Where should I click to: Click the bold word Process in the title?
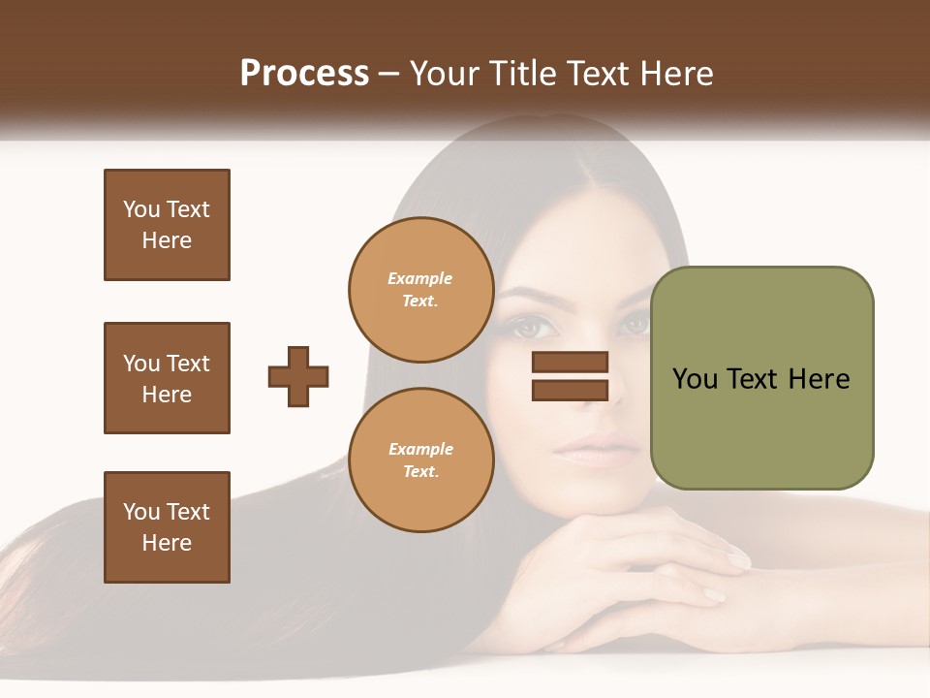304,74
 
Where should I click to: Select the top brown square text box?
167,225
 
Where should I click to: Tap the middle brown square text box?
167,378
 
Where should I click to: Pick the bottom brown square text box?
167,527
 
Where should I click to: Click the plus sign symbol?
298,376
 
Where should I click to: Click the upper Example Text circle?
420,290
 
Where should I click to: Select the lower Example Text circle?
420,460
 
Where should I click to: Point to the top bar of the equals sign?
570,363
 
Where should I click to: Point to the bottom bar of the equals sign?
570,391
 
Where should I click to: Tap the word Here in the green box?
819,379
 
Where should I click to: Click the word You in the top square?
141,209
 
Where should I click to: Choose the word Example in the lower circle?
420,449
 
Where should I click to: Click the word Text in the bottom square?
187,512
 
